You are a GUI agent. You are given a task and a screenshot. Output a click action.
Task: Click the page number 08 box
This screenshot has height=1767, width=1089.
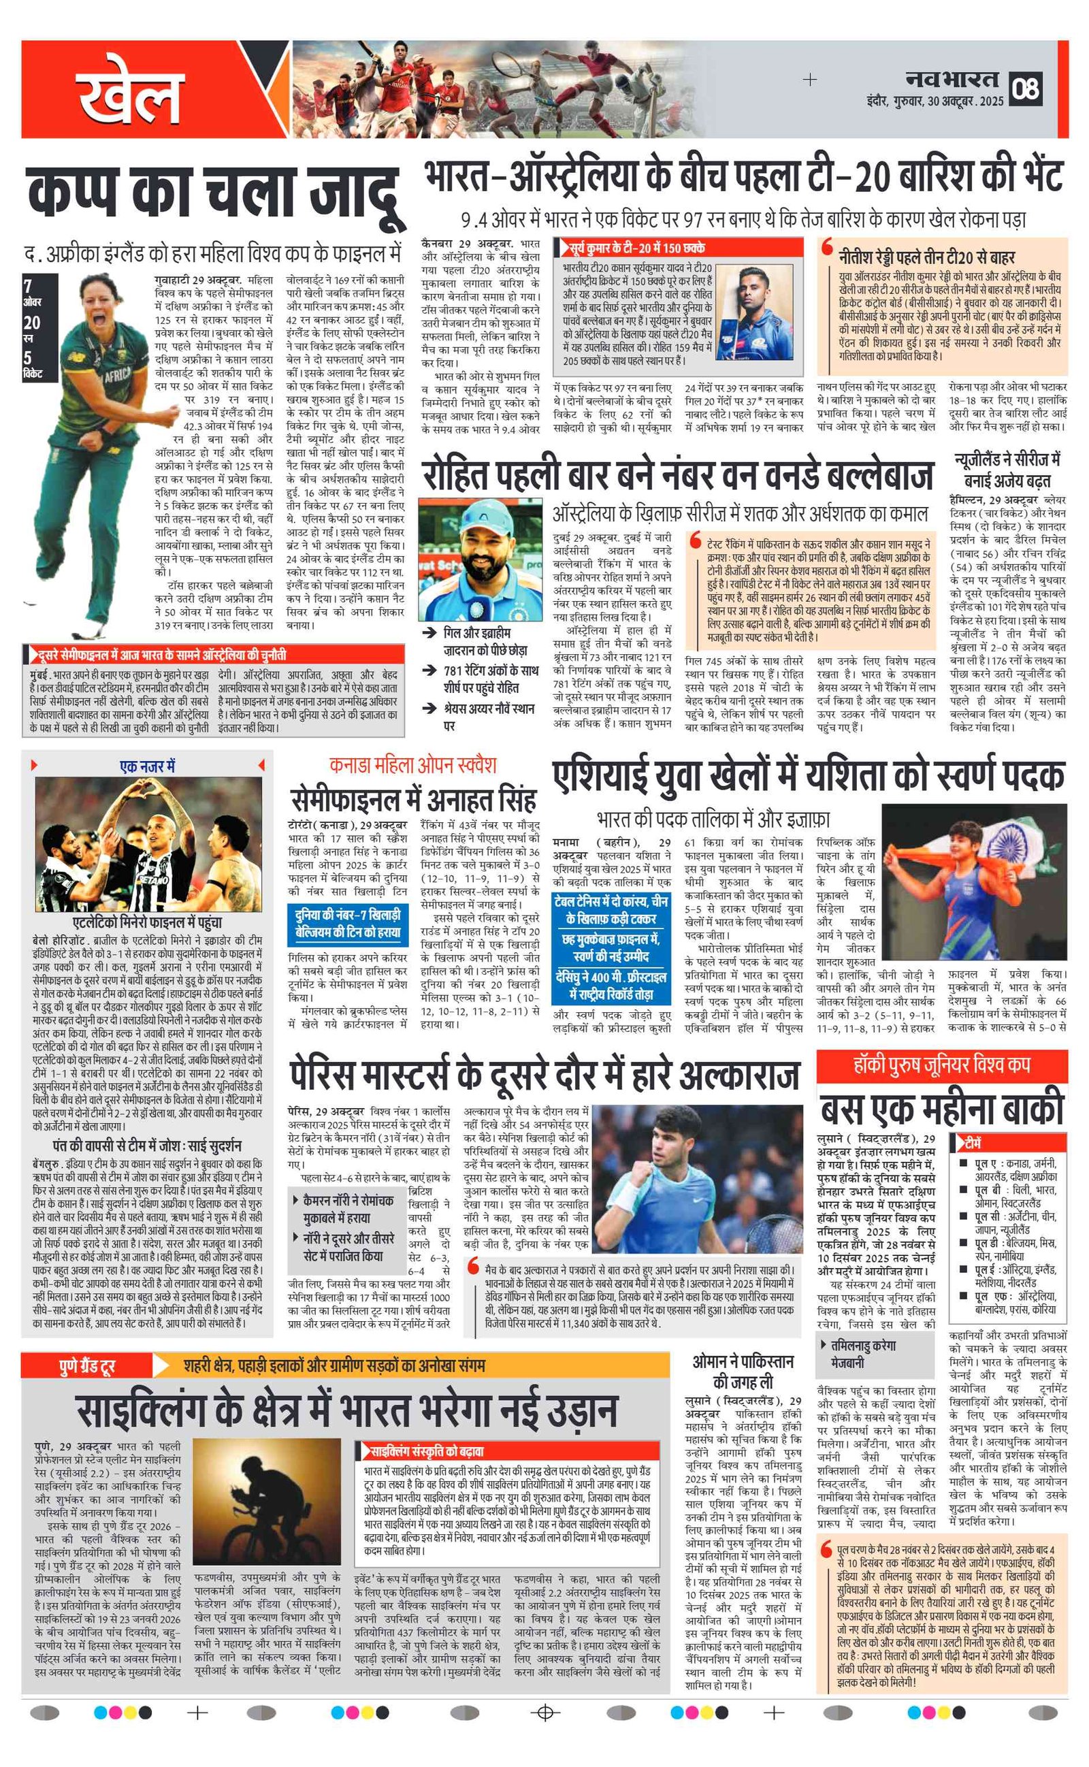pyautogui.click(x=1026, y=88)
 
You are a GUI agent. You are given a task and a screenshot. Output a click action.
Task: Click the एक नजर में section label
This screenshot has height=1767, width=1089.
pyautogui.click(x=147, y=766)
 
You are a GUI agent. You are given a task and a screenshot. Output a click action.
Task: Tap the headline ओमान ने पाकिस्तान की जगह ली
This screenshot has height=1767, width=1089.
pyautogui.click(x=743, y=1372)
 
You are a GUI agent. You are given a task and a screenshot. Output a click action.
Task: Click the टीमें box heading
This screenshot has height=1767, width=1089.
pyautogui.click(x=973, y=1143)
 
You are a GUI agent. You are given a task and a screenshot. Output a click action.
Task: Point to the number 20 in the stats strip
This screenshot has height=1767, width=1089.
pyautogui.click(x=32, y=323)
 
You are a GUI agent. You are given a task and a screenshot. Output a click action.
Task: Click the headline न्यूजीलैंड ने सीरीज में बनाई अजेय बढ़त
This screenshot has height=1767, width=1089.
pyautogui.click(x=1007, y=470)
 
